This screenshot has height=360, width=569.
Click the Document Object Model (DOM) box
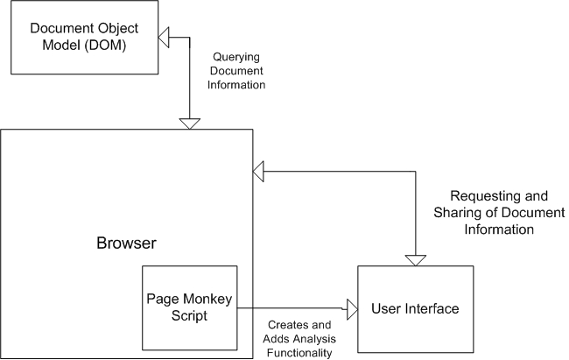[x=83, y=39]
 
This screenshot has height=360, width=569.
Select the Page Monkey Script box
[x=190, y=307]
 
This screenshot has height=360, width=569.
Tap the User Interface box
[x=415, y=308]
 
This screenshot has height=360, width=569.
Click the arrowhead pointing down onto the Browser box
[x=189, y=123]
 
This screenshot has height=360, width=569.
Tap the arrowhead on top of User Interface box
[x=415, y=259]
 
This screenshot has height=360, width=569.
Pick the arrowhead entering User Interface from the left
[x=351, y=308]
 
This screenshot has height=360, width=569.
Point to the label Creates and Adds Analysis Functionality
[x=300, y=338]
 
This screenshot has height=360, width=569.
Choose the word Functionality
[x=300, y=352]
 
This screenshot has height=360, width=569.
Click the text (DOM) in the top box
[x=108, y=46]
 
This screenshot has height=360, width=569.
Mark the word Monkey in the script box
[x=210, y=299]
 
